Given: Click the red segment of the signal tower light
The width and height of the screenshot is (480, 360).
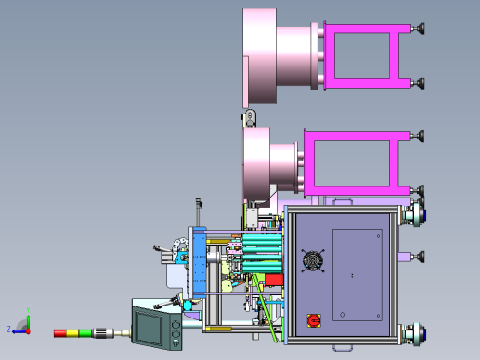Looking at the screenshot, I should click(61, 331).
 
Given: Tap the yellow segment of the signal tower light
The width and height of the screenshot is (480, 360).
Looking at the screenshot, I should click(73, 331).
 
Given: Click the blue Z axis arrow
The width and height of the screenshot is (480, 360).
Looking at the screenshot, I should click(16, 330).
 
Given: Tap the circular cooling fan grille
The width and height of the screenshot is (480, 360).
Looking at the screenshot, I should click(314, 261).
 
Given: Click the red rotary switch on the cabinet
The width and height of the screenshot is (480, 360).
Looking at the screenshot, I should click(314, 319).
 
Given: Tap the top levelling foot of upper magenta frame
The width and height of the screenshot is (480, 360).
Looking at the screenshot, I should click(420, 28).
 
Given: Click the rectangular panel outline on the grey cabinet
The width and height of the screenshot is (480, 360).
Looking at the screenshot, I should click(356, 274).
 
